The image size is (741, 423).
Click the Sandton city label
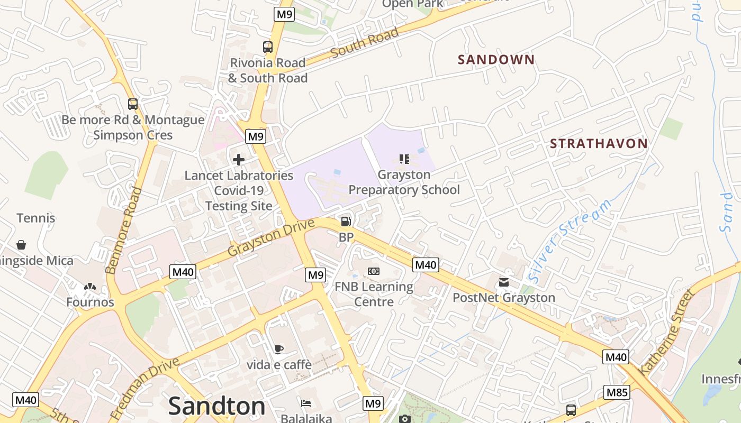(x=216, y=406)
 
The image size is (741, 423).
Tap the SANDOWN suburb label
(x=496, y=60)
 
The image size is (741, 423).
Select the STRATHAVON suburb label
(x=599, y=143)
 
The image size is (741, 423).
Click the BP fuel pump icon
(x=346, y=222)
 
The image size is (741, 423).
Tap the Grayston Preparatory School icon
(x=404, y=159)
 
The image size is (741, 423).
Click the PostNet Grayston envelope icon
(x=503, y=282)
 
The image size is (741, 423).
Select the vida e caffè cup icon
(x=279, y=349)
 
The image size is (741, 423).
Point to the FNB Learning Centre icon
(x=374, y=271)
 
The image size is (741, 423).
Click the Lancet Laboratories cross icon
(x=239, y=159)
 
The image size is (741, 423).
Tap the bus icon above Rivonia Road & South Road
(x=268, y=47)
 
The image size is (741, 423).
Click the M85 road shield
(x=617, y=392)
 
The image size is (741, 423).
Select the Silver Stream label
(x=570, y=240)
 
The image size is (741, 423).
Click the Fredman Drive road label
(x=145, y=388)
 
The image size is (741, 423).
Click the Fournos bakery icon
(x=90, y=287)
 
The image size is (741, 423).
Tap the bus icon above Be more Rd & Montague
(x=133, y=104)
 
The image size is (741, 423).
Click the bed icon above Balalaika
(x=306, y=403)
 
